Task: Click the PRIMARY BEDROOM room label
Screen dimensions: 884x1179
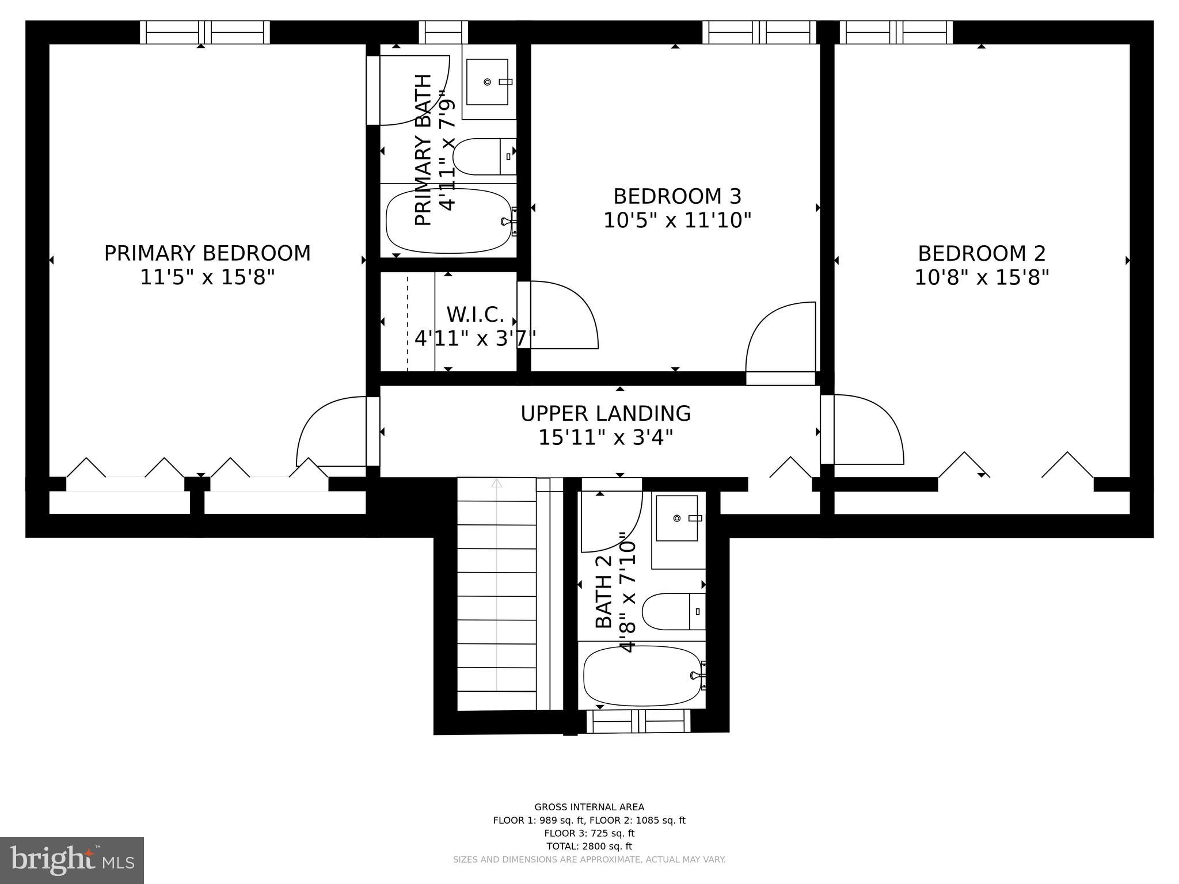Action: click(207, 253)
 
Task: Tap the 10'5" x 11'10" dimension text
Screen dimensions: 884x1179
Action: click(677, 220)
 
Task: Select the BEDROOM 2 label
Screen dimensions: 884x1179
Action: click(982, 253)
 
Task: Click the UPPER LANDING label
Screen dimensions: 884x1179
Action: click(606, 413)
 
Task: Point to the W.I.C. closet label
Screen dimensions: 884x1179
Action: click(476, 315)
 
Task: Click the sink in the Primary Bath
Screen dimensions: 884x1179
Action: click(487, 82)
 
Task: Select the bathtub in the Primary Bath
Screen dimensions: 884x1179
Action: click(448, 222)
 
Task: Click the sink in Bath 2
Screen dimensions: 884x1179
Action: click(677, 518)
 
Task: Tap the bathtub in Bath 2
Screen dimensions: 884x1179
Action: click(641, 675)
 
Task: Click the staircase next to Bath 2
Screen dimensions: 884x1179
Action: click(497, 593)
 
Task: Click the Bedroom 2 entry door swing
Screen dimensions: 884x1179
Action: click(866, 429)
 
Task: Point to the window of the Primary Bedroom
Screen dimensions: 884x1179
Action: click(205, 32)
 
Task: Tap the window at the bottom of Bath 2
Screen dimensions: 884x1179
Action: click(638, 721)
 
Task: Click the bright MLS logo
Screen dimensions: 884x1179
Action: click(72, 859)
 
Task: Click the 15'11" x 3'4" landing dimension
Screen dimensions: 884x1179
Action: click(606, 438)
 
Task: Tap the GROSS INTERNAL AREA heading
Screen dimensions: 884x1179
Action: click(589, 807)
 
